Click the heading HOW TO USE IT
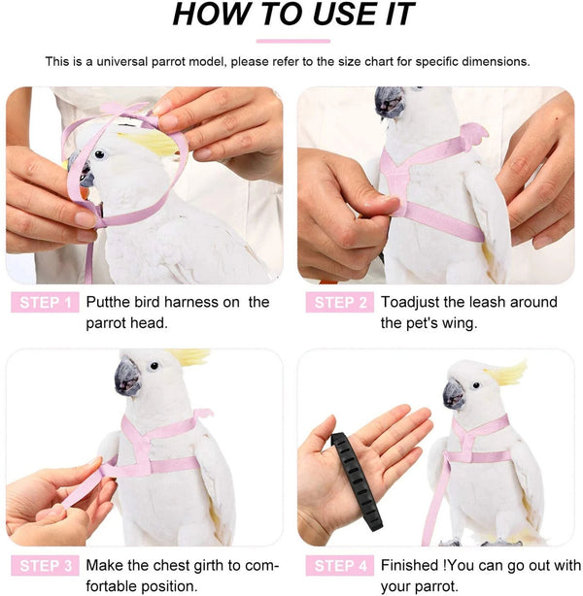tap(293, 16)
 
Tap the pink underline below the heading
tap(293, 41)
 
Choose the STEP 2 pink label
tap(339, 303)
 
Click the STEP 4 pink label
tap(339, 565)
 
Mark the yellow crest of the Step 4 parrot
tap(508, 372)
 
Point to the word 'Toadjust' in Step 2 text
tap(411, 303)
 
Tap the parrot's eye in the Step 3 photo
tap(153, 366)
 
